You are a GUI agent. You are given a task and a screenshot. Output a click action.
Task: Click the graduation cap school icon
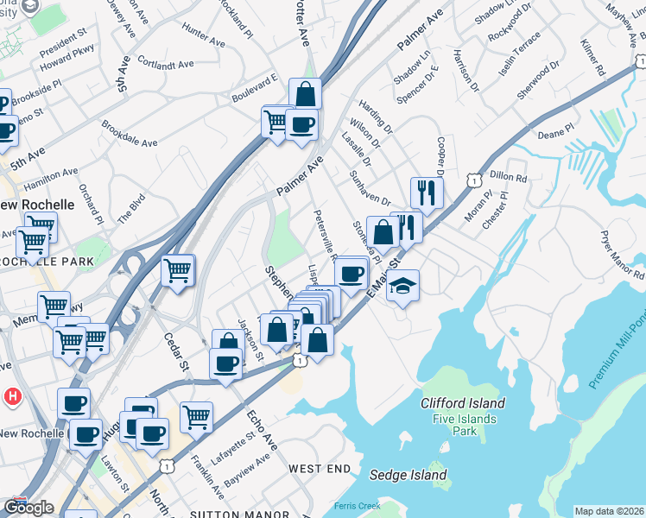[402, 287]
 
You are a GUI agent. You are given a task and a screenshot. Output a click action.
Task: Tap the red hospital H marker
[12, 397]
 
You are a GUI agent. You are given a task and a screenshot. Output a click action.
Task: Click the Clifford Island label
[463, 403]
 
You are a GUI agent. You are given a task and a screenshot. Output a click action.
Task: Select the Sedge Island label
[408, 475]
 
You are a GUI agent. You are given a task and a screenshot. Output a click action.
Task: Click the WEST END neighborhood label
[320, 469]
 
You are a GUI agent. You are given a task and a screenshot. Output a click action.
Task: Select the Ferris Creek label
[356, 505]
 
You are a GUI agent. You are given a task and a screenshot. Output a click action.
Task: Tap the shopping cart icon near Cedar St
[178, 271]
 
